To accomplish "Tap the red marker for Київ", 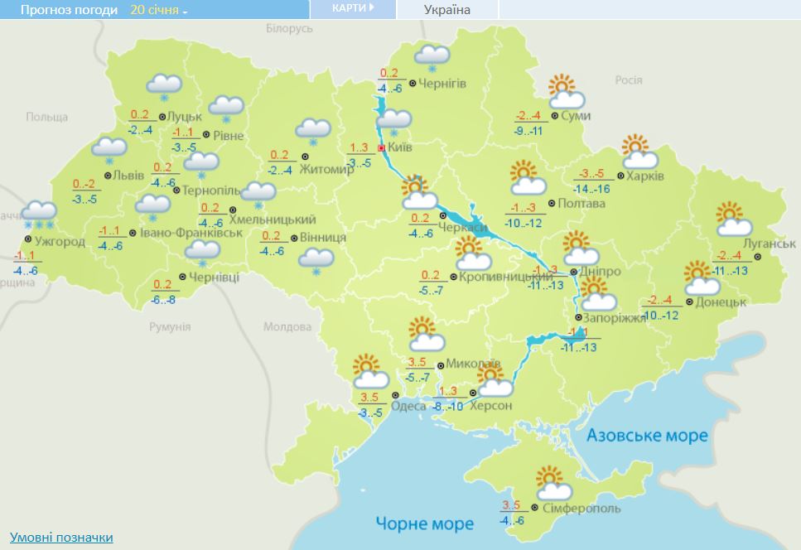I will click(381, 148).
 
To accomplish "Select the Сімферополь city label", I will click(577, 507).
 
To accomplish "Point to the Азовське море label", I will click(647, 435).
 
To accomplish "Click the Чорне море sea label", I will click(424, 523).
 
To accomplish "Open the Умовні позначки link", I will click(61, 537).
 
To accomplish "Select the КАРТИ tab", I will click(352, 8).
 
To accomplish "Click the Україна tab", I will click(446, 10).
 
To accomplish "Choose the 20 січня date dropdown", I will click(159, 10).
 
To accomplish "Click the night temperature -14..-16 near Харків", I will click(592, 190).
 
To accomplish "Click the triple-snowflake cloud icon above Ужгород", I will click(40, 215).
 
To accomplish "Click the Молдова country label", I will click(287, 326).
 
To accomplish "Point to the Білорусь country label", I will click(289, 28).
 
